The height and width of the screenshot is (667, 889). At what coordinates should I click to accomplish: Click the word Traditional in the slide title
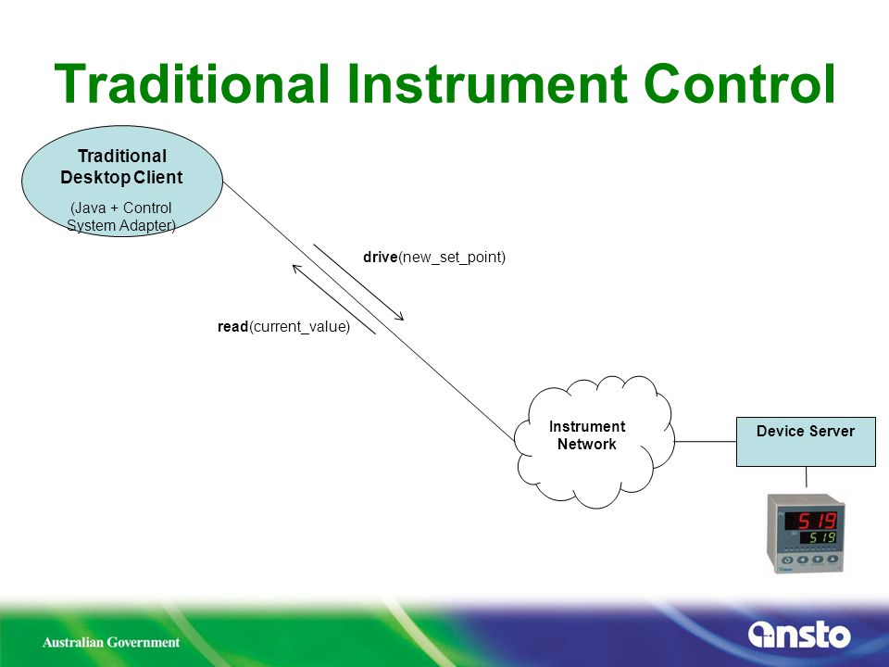coord(192,83)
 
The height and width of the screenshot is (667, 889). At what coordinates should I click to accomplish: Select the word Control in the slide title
coord(740,83)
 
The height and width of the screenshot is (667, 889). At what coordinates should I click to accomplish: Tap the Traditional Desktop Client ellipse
coord(122,181)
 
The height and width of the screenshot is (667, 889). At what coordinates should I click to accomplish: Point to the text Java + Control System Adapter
coord(120,217)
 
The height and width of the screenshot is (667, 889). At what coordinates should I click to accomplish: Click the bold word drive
coord(380,257)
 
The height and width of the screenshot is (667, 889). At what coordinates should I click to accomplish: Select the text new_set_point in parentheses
coord(451,258)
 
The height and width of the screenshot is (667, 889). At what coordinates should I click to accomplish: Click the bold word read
coord(233,327)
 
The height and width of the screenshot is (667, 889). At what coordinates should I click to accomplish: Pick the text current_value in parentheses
coord(299,327)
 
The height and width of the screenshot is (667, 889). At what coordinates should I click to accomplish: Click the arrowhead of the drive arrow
coord(400,318)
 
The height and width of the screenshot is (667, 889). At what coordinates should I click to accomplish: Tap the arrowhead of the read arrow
coord(296,269)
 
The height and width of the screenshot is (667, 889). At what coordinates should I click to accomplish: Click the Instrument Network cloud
coord(595,442)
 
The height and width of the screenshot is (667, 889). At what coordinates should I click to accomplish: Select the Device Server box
coord(806,442)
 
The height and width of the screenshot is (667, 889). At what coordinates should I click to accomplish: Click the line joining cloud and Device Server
coord(706,441)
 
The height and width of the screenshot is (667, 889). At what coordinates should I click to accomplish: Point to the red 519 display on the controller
coord(817,520)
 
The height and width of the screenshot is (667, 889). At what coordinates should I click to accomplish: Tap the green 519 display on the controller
coord(821,537)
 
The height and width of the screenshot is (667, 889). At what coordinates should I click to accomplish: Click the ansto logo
coord(799,635)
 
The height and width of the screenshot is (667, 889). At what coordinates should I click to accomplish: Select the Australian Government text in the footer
coord(111,642)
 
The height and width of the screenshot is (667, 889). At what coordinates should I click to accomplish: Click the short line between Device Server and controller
coord(807,477)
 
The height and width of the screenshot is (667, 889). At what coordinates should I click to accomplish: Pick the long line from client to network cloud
coord(369,311)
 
